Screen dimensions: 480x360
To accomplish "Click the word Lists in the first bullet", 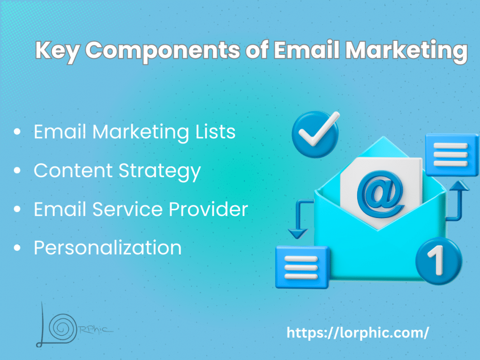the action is tap(216, 132).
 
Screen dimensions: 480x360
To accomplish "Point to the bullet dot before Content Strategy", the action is tap(17, 170).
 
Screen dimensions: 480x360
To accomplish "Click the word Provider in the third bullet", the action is tap(208, 209).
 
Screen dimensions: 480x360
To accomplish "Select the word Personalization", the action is tap(107, 247).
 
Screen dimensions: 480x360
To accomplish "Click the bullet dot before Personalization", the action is tap(17, 247).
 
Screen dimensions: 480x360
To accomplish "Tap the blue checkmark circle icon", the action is tap(315, 135).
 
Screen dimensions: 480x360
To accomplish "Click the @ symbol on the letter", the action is tap(381, 194).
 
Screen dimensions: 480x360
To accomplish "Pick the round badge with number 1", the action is tap(439, 261).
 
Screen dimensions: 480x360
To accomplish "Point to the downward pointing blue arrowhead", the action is tap(298, 234).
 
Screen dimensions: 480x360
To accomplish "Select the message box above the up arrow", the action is tap(452, 155).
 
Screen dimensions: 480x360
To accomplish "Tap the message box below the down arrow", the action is tap(302, 267).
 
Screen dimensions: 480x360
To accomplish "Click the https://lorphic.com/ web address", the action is tap(358, 333).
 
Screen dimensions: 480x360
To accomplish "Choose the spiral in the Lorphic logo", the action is tap(63, 328).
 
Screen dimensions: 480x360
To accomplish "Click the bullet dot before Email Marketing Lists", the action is tap(17, 132).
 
